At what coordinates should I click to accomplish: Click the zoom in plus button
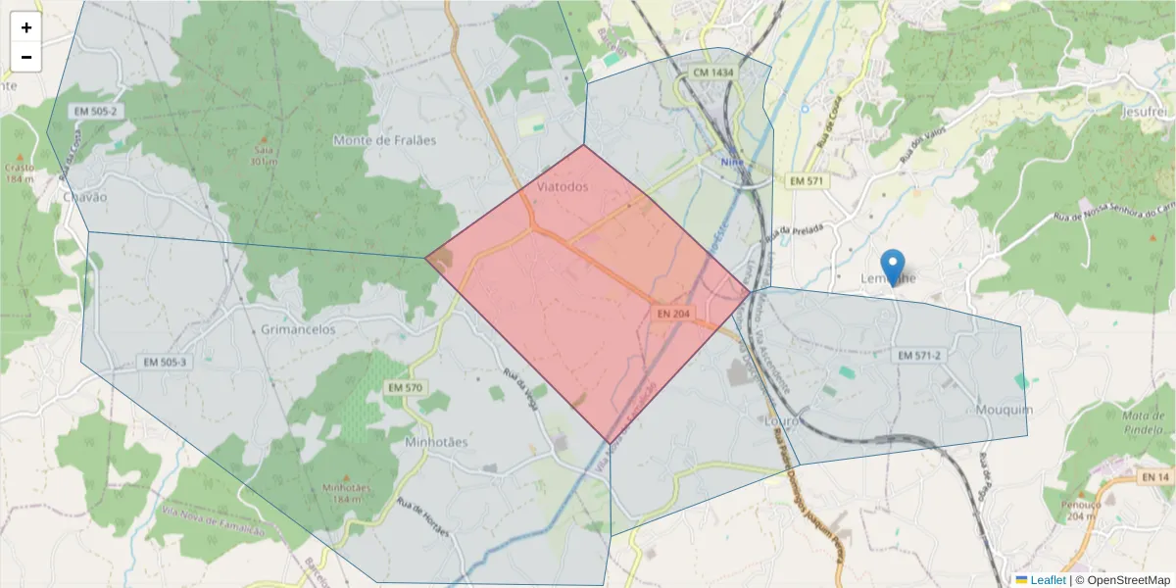[26, 28]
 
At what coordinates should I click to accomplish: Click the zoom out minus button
[26, 58]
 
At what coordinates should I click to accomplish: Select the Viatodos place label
[563, 186]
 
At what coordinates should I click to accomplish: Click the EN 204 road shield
[674, 314]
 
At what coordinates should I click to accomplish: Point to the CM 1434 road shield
[712, 73]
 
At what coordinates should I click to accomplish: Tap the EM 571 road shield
[808, 181]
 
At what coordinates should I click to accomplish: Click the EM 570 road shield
[405, 388]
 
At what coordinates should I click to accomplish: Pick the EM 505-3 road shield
[165, 362]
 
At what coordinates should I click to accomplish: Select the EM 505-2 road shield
[95, 112]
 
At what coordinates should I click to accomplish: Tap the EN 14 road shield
[1154, 476]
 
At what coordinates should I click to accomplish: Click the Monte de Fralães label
[384, 140]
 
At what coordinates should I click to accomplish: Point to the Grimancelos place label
[298, 329]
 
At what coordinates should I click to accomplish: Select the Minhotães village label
[436, 442]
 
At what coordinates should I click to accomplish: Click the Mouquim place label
[1004, 409]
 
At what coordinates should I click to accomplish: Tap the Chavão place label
[84, 196]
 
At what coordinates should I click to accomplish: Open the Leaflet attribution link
[1047, 580]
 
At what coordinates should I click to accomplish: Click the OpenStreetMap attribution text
[1123, 580]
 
